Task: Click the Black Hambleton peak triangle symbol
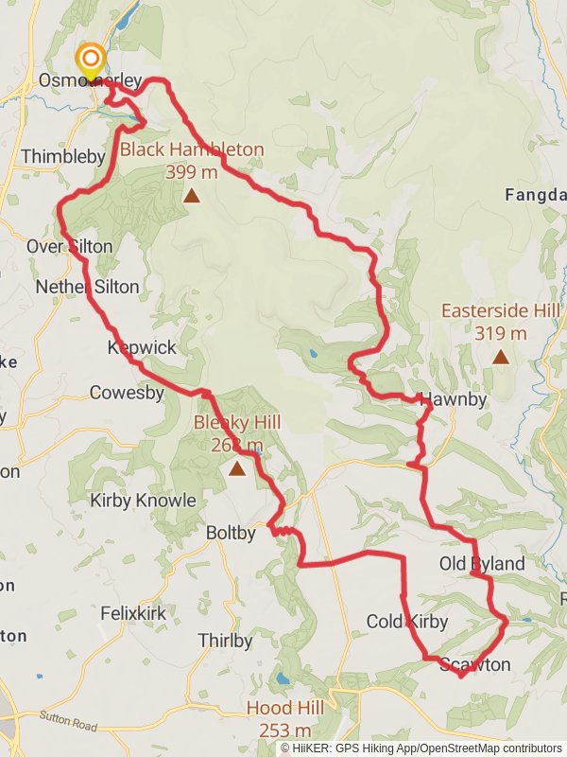[192, 196]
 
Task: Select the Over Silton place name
[69, 247]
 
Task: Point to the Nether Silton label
[87, 286]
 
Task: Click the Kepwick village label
[142, 348]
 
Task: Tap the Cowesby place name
[127, 392]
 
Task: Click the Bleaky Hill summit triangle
[236, 467]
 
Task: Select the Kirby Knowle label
[143, 501]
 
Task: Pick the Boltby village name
[231, 534]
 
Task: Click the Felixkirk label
[133, 613]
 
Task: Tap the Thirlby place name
[225, 642]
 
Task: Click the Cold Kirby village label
[406, 622]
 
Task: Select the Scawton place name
[474, 665]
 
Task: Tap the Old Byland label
[482, 564]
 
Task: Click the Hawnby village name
[453, 399]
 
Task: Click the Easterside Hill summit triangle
[499, 357]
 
